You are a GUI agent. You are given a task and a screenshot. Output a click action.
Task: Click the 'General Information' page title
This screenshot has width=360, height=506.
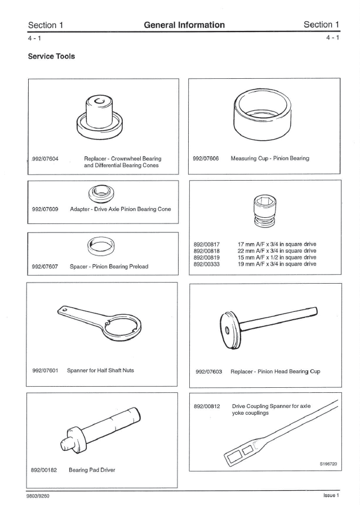pos(184,25)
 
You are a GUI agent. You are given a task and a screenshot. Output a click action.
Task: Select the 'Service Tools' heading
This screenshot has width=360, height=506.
pos(51,57)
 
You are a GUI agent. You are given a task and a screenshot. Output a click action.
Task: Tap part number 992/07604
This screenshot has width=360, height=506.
pos(46,159)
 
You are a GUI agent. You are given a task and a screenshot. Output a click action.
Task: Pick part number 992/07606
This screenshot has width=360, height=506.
pos(206,159)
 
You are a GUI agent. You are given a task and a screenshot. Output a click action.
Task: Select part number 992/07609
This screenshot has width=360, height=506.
pos(45,209)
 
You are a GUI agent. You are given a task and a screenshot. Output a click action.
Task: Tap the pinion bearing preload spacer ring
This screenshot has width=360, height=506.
pos(102,244)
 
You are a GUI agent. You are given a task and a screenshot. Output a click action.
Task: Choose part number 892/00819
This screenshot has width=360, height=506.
pos(206,257)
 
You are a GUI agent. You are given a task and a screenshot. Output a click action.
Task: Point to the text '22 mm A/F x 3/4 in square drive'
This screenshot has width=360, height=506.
pos(277,250)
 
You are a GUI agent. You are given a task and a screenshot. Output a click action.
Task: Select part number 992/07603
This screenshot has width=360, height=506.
pos(208,371)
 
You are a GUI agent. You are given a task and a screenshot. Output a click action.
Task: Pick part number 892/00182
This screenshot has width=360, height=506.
pos(45,469)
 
